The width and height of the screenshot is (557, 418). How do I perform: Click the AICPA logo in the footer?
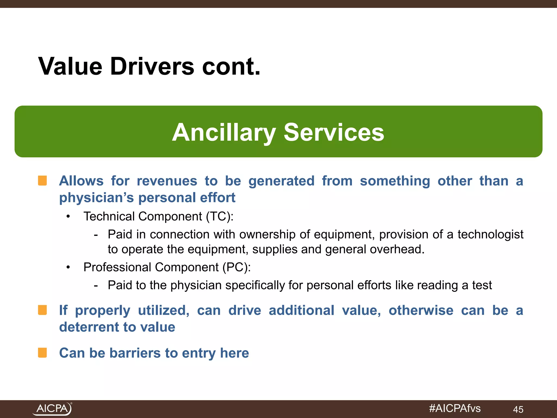(52, 408)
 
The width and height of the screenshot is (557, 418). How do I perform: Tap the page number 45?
(518, 409)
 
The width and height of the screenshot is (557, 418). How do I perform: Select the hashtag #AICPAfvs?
(455, 408)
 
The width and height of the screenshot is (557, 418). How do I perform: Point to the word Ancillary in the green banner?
(224, 132)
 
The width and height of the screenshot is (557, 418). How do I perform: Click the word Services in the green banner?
(334, 132)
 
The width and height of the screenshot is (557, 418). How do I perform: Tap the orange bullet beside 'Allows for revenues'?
(42, 181)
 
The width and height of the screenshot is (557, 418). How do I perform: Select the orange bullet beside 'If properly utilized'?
(42, 310)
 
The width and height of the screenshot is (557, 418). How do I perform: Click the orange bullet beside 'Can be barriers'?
(42, 353)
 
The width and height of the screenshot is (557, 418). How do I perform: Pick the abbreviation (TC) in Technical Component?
(219, 217)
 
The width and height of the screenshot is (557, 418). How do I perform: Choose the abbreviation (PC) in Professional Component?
(236, 267)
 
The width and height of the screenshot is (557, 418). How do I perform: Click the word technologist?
(490, 234)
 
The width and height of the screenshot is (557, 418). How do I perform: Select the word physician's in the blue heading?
(97, 198)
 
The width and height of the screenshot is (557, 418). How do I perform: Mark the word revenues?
(167, 181)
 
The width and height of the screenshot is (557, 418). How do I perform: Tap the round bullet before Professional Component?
(68, 268)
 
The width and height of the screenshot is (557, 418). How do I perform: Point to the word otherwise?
(421, 310)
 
